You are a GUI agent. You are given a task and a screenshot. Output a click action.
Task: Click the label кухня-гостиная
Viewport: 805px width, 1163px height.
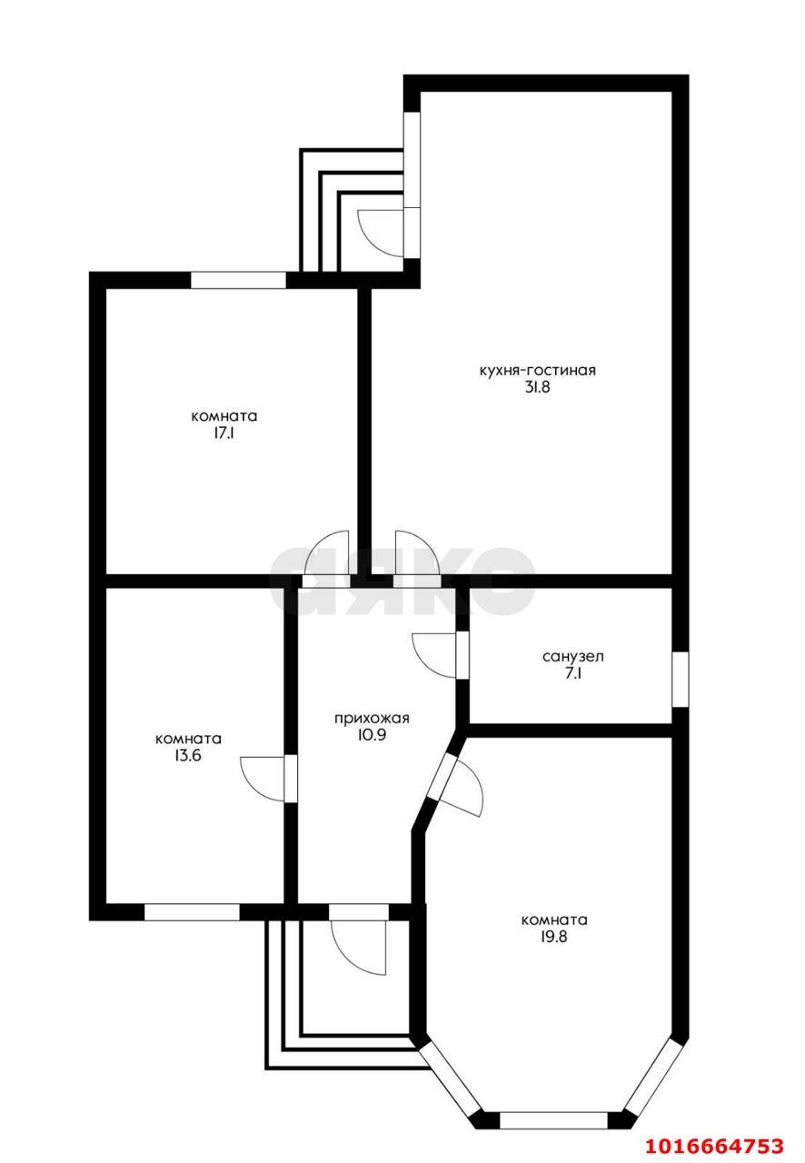537,370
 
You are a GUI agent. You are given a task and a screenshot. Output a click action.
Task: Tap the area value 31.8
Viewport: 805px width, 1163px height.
537,387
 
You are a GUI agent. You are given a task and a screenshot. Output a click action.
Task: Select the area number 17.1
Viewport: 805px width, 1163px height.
224,433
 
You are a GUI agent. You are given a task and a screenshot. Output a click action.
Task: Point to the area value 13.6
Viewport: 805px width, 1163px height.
188,755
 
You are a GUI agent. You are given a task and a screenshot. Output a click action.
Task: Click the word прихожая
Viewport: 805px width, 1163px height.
372,719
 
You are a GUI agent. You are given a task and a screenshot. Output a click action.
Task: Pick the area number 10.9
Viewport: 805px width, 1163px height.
373,735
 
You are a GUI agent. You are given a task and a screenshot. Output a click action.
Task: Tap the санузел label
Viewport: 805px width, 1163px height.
572,657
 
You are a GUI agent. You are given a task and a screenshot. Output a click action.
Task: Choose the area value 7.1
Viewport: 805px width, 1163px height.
572,674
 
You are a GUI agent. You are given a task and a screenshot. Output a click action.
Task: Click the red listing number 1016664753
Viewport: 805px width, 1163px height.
715,1145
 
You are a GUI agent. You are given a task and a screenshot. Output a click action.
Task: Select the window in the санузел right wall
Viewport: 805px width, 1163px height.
681,679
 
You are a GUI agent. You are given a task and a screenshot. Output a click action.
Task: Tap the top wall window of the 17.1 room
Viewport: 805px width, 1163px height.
238,280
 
